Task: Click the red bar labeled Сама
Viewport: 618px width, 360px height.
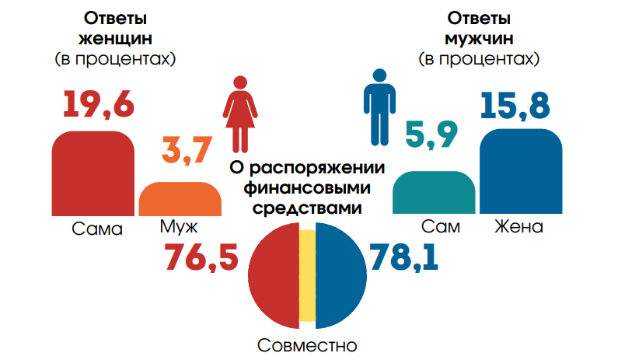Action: tap(93, 173)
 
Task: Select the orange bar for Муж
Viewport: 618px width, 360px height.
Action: tap(179, 198)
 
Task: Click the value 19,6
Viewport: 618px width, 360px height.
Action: tap(96, 105)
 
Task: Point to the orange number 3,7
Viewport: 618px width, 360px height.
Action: tap(186, 150)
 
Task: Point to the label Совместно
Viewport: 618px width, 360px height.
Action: tap(308, 344)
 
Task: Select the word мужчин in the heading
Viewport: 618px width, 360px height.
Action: tap(478, 37)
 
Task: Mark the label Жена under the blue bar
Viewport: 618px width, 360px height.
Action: tap(518, 227)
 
